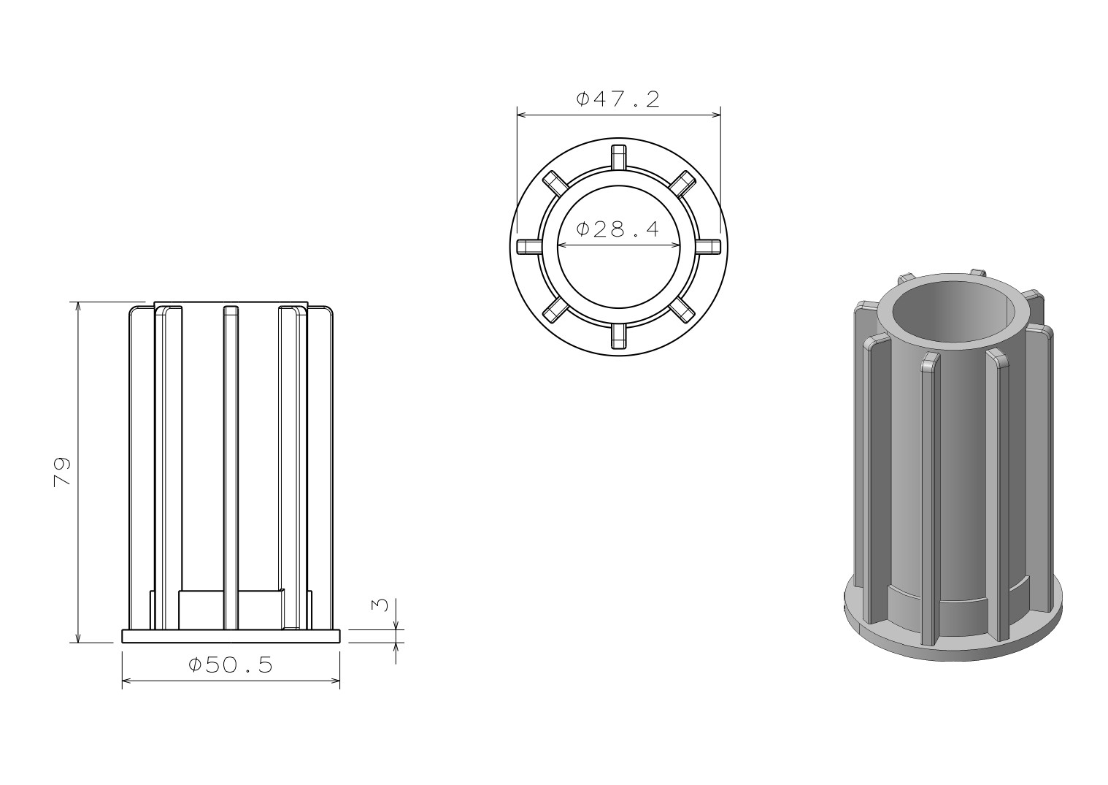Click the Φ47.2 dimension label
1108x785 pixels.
coord(618,99)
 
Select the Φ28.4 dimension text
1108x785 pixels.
coord(618,229)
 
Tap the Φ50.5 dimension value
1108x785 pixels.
coord(231,665)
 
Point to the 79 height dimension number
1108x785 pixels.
coord(62,472)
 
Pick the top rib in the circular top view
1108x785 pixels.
coord(618,158)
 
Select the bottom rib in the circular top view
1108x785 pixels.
coord(618,336)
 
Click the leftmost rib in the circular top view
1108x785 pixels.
coord(529,247)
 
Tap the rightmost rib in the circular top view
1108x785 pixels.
coord(708,247)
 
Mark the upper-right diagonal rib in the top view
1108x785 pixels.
coord(682,183)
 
